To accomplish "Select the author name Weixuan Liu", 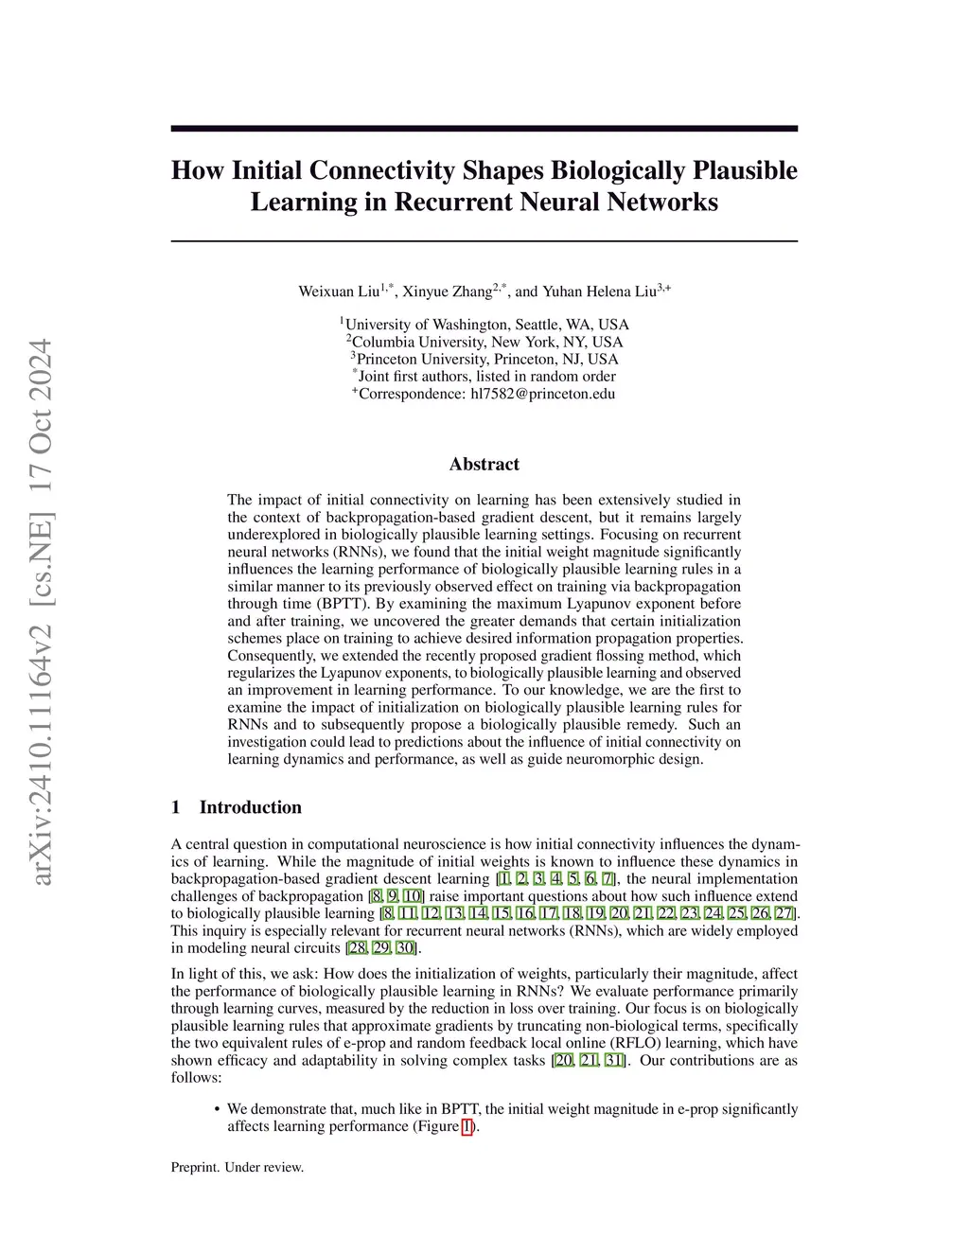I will (339, 291).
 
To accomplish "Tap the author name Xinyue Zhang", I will (446, 291).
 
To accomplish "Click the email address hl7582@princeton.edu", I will (543, 394).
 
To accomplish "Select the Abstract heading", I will (484, 464).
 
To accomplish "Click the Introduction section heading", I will (250, 807).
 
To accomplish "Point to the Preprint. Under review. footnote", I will (238, 1167).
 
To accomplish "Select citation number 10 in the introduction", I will (413, 896).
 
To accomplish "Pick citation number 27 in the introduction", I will (784, 913).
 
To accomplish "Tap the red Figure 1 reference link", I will (467, 1126).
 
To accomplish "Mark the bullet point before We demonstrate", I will (218, 1109).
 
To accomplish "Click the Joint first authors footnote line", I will (484, 377).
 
